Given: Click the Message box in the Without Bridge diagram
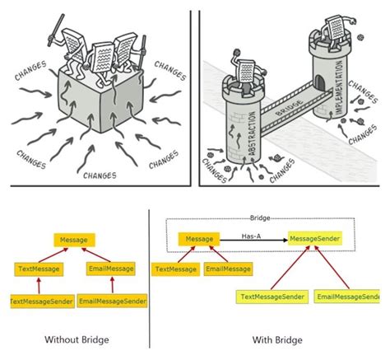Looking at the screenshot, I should (74, 240).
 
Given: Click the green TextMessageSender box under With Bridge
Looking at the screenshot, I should (272, 296).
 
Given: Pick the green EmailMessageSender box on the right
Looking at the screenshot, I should (349, 296).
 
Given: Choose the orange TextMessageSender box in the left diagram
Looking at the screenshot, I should (36, 302).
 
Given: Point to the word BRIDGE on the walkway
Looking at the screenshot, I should (288, 97).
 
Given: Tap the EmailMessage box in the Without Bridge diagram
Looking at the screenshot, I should (109, 268).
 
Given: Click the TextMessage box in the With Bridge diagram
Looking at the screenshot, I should (175, 269).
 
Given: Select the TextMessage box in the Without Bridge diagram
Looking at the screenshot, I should (36, 268).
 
